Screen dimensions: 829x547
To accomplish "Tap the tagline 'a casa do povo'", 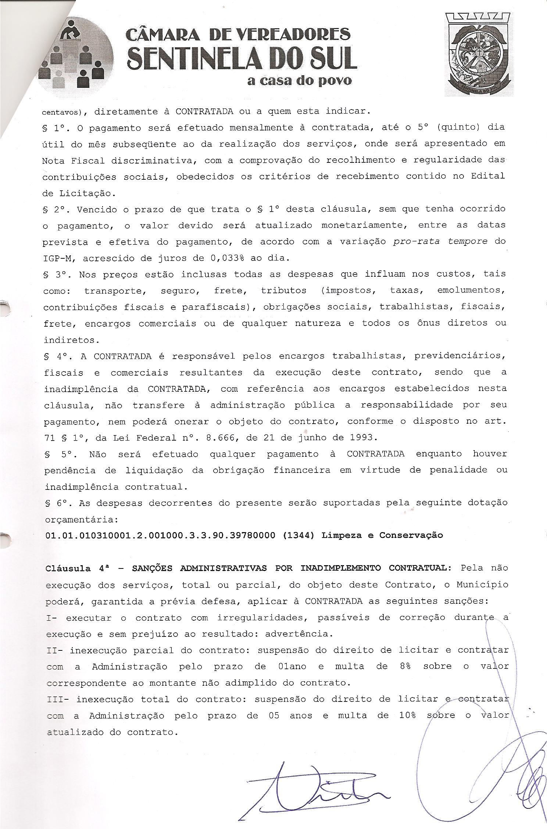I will pyautogui.click(x=299, y=81).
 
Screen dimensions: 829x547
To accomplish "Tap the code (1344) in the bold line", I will pyautogui.click(x=298, y=535).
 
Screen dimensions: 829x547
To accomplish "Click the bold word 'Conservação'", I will pyautogui.click(x=411, y=535).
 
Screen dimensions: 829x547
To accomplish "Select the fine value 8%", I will pyautogui.click(x=404, y=666).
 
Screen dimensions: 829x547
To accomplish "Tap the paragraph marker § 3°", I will pyautogui.click(x=55, y=274).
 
